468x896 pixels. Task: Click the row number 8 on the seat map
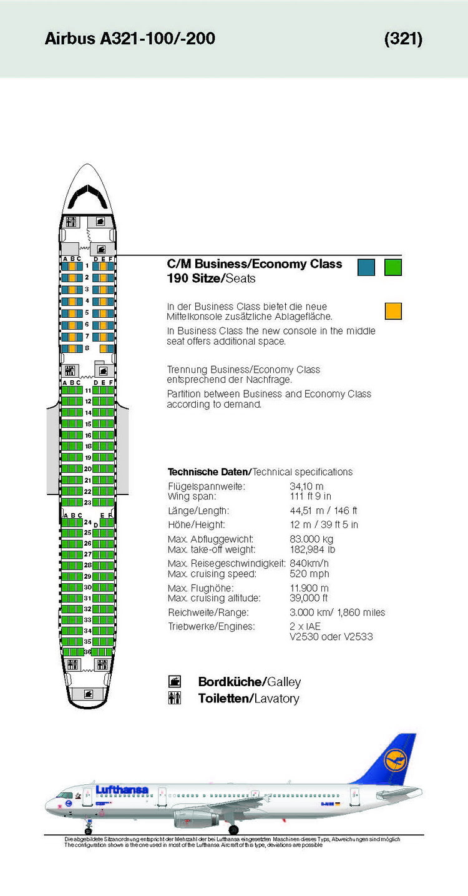87,348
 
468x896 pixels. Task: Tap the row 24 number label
87,522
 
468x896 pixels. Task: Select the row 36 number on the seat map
87,652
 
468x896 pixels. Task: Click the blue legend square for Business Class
366,267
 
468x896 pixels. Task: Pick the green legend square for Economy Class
393,267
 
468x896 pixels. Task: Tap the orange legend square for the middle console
393,310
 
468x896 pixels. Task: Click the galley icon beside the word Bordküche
175,681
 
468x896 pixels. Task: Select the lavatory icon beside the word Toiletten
175,699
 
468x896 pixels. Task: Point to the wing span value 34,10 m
306,486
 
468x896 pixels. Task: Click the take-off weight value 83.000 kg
311,539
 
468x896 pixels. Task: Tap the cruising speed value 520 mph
309,574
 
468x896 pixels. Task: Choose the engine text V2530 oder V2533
331,637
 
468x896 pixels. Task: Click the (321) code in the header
403,39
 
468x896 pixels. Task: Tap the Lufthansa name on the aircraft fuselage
122,790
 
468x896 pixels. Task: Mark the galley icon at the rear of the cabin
88,693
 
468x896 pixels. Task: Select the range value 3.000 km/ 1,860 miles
337,613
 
